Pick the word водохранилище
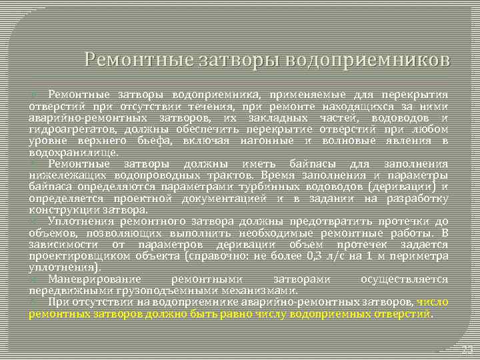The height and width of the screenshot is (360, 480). point(73,152)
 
